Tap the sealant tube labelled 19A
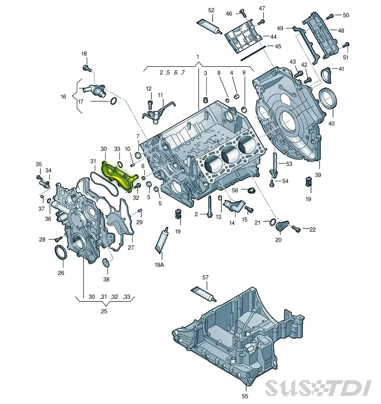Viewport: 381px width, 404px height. [x=162, y=238]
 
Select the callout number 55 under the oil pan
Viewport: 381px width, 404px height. [x=245, y=396]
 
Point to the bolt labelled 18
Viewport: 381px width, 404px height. [x=87, y=68]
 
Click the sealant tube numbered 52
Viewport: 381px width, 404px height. [x=209, y=26]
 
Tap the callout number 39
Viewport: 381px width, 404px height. [x=318, y=175]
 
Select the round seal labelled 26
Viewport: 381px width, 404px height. [x=61, y=253]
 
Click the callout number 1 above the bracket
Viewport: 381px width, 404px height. [x=197, y=57]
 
